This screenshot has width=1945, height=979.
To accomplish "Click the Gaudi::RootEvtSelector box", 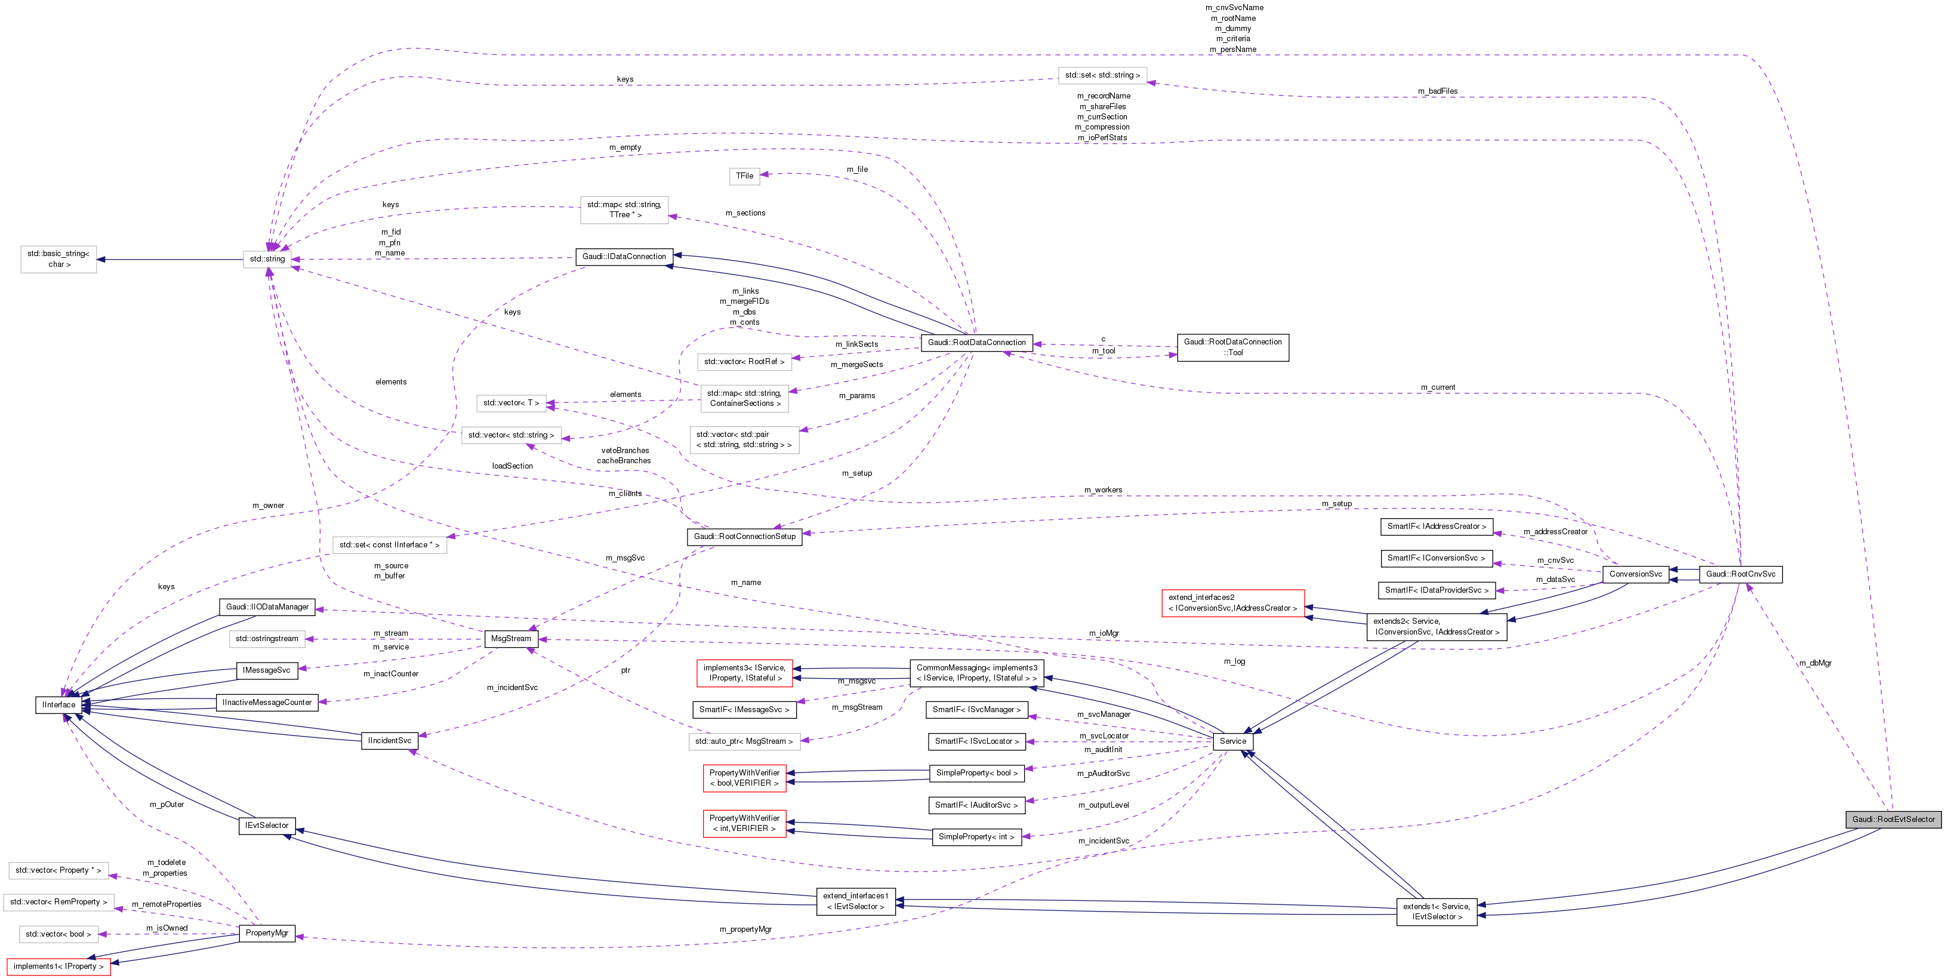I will click(1893, 819).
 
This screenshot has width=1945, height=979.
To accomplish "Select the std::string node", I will click(267, 259).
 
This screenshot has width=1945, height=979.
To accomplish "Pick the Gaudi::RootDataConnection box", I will click(976, 342).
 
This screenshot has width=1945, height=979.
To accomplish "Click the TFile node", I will click(744, 176).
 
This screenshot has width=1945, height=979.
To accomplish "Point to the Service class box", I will click(1232, 741).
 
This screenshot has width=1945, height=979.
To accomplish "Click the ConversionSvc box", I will click(1635, 574).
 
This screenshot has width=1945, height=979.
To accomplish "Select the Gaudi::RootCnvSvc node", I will click(1740, 574).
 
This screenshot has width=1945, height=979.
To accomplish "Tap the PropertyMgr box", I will click(267, 933).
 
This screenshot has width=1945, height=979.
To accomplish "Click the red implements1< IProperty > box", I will click(58, 966).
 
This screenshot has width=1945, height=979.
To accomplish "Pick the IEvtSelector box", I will click(267, 826).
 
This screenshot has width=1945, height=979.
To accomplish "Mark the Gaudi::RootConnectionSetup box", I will click(744, 536).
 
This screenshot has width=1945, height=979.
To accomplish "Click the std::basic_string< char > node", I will click(58, 259).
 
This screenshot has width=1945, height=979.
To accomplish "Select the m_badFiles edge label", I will click(1437, 91).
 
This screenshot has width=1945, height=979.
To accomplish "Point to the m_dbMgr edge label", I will click(1814, 663).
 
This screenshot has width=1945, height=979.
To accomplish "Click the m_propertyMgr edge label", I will click(745, 929).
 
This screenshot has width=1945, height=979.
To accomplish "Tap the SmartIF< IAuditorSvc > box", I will click(976, 805).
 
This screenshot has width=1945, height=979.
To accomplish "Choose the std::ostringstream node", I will click(267, 639).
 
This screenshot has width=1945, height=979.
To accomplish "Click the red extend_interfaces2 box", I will click(1232, 603).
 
